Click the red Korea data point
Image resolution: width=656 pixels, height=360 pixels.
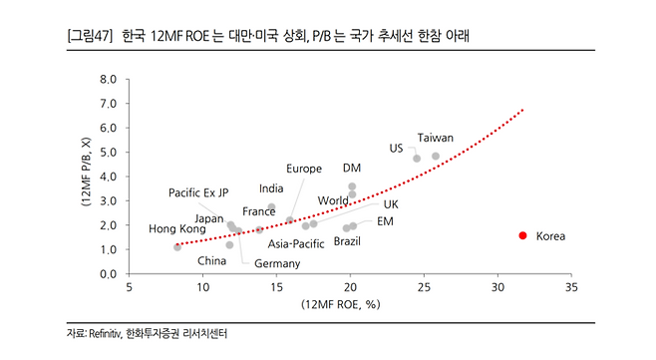(x=522, y=235)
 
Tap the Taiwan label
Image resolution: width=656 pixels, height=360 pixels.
(x=435, y=138)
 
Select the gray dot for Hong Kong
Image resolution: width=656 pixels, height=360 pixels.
(x=177, y=247)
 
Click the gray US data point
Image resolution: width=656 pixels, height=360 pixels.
(x=417, y=159)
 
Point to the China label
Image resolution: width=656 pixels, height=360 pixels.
(x=211, y=261)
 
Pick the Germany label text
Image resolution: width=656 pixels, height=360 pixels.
(x=277, y=263)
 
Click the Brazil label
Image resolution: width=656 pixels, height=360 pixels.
(x=347, y=241)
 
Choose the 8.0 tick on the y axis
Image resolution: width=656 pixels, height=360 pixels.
(x=108, y=79)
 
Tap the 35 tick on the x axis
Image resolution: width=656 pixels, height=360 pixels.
(x=571, y=287)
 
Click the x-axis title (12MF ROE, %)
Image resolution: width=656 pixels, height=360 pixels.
(x=341, y=304)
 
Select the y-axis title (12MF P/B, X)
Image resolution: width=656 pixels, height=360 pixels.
(x=86, y=172)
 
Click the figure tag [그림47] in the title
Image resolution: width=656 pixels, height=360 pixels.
(x=90, y=36)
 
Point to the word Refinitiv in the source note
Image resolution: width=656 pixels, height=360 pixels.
(x=105, y=334)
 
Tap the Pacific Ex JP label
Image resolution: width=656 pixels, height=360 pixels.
(x=198, y=192)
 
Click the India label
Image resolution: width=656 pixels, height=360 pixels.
(x=271, y=188)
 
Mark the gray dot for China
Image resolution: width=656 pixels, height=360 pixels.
(x=229, y=245)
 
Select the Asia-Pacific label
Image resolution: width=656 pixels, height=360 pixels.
(x=296, y=243)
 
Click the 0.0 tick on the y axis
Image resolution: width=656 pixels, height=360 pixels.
(x=108, y=274)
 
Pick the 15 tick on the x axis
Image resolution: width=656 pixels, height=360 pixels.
(x=276, y=287)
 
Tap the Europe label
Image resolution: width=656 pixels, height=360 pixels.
(x=304, y=169)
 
